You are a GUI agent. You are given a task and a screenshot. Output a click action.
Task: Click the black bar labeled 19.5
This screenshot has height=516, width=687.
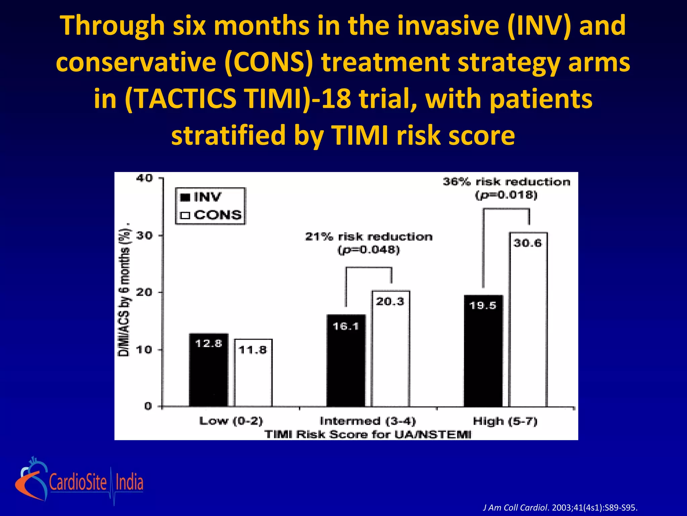pos(483,351)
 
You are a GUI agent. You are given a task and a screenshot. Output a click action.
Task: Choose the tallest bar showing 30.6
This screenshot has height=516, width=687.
pos(528,319)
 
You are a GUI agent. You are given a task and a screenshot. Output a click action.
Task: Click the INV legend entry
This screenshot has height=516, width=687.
pos(201,197)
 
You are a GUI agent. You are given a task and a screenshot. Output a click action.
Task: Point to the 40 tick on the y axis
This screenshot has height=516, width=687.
pos(145,178)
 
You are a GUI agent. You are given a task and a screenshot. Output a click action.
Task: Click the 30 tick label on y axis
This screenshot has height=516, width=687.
pos(145,235)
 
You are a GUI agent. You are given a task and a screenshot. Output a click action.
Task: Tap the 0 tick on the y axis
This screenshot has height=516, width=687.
pos(148,406)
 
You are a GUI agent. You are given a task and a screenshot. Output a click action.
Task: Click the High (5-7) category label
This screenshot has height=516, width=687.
pos(505,421)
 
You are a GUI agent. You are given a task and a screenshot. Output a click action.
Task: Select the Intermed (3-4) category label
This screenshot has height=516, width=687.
pos(368,421)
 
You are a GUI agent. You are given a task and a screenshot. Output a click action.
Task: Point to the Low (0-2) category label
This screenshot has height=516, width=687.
pos(231,421)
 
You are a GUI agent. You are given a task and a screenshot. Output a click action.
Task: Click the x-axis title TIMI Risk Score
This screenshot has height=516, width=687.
pos(368,434)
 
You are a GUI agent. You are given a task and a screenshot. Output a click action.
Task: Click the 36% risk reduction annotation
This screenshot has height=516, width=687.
pos(506,182)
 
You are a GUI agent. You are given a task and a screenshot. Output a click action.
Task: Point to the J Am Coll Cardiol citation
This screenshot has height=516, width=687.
pos(560,507)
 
